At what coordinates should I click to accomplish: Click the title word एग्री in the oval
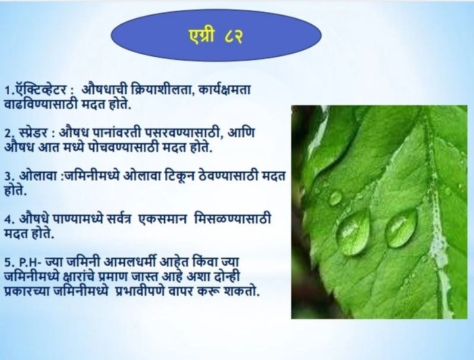tap(201, 37)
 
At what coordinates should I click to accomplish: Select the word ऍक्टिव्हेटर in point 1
tap(39, 89)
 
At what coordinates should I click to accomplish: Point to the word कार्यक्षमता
tap(225, 89)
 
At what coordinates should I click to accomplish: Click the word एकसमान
tap(162, 219)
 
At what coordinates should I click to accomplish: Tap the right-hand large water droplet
tap(402, 228)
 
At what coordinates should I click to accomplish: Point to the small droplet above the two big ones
tap(335, 198)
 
